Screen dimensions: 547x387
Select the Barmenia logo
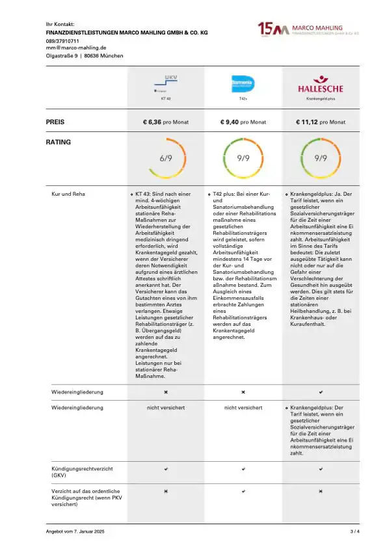tap(243, 83)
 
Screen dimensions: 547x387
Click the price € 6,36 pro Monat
tap(165, 122)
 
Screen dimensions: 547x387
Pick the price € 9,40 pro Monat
tap(243, 122)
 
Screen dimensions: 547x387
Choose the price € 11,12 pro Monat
tap(321, 122)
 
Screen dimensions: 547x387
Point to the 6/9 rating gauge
tap(166, 158)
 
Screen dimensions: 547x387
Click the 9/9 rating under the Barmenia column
tap(243, 158)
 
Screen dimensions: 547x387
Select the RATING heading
tap(59, 142)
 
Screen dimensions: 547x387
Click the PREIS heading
tap(55, 122)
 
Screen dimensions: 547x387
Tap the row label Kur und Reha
tap(68, 194)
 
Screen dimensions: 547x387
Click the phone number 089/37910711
tap(62, 41)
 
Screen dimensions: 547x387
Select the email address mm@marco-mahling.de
tap(76, 48)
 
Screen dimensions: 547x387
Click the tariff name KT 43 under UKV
tap(165, 99)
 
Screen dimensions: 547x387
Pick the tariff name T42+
tap(243, 99)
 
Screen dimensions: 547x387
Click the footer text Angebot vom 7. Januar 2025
tap(75, 532)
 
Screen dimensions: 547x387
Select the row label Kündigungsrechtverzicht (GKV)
tap(78, 472)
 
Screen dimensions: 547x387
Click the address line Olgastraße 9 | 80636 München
tap(84, 56)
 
